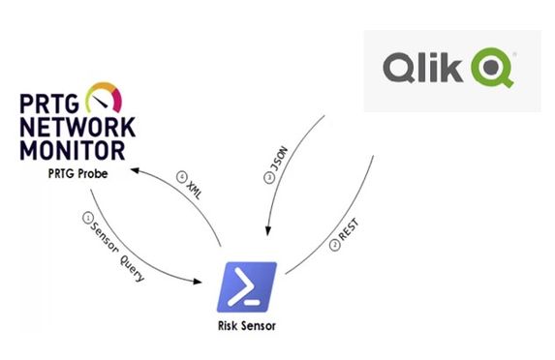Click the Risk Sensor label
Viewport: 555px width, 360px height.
(x=247, y=326)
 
